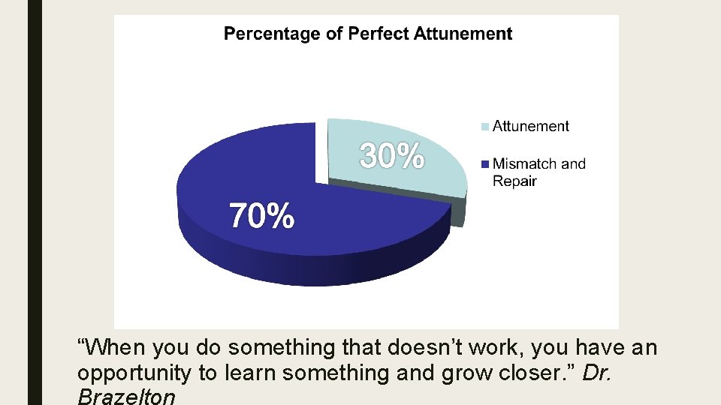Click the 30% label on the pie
tap(392, 156)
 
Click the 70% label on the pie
tap(261, 216)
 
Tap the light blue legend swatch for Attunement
tap(485, 127)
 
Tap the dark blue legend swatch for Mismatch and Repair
tap(485, 163)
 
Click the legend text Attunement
tap(530, 127)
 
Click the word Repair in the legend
tap(514, 181)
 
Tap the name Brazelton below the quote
tap(126, 397)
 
